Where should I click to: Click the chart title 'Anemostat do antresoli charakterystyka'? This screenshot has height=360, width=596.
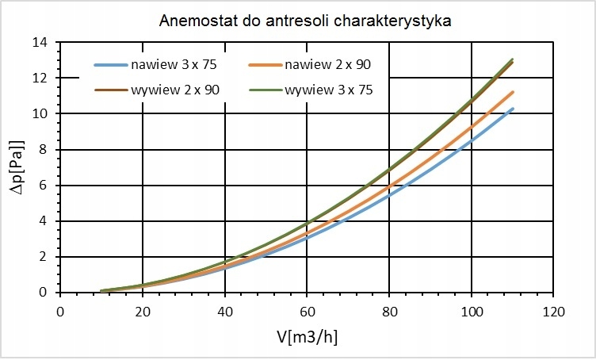point(304,21)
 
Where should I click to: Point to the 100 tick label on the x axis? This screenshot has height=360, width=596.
point(472,310)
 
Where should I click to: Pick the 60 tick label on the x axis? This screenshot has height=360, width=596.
point(307,310)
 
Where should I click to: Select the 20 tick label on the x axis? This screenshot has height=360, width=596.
point(143,310)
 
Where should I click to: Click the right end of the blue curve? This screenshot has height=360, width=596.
point(513,109)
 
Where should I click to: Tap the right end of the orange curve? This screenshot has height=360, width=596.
point(513,92)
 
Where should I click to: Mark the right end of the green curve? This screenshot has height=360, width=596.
point(513,59)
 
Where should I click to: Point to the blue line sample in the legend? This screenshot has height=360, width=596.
point(109,65)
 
